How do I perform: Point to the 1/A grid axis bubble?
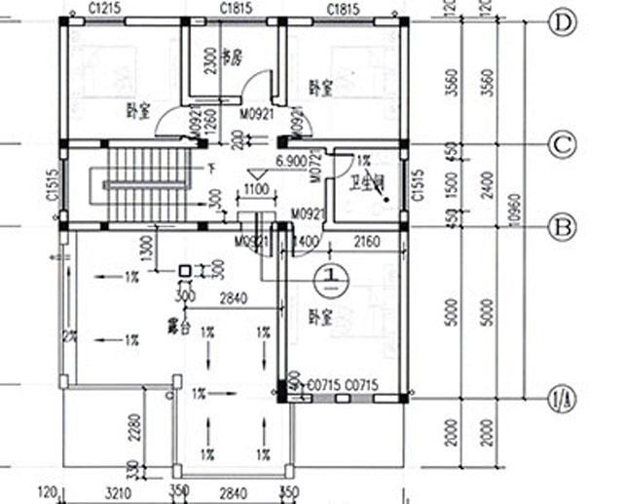point(563,398)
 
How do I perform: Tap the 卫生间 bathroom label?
point(376,182)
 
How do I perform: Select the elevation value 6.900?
point(292,159)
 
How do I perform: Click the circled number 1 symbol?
point(333,277)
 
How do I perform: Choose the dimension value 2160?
point(367,241)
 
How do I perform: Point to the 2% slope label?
point(69,336)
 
